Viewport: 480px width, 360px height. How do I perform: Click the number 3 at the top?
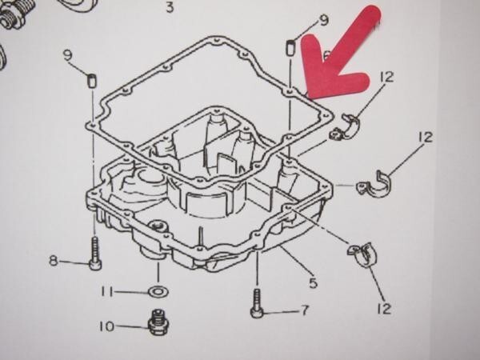click(169, 8)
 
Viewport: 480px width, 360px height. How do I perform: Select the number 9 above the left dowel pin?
click(68, 54)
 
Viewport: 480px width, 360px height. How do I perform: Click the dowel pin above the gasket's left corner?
click(91, 80)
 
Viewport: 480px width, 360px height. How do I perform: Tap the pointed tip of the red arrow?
click(309, 90)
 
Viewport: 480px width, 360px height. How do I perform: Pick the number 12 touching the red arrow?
click(387, 77)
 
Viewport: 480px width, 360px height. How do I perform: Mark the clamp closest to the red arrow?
click(350, 126)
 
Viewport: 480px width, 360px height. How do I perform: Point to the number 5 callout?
click(314, 282)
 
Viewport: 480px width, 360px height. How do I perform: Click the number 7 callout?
click(303, 310)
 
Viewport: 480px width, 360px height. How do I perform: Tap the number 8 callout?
click(54, 260)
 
